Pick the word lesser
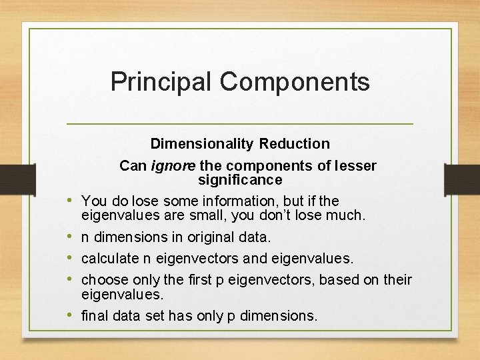(354, 166)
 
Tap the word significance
(240, 180)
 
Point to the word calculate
(109, 259)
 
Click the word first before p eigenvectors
(200, 280)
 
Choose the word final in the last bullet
(95, 316)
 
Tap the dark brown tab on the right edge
(462, 179)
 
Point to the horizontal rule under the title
(240, 124)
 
